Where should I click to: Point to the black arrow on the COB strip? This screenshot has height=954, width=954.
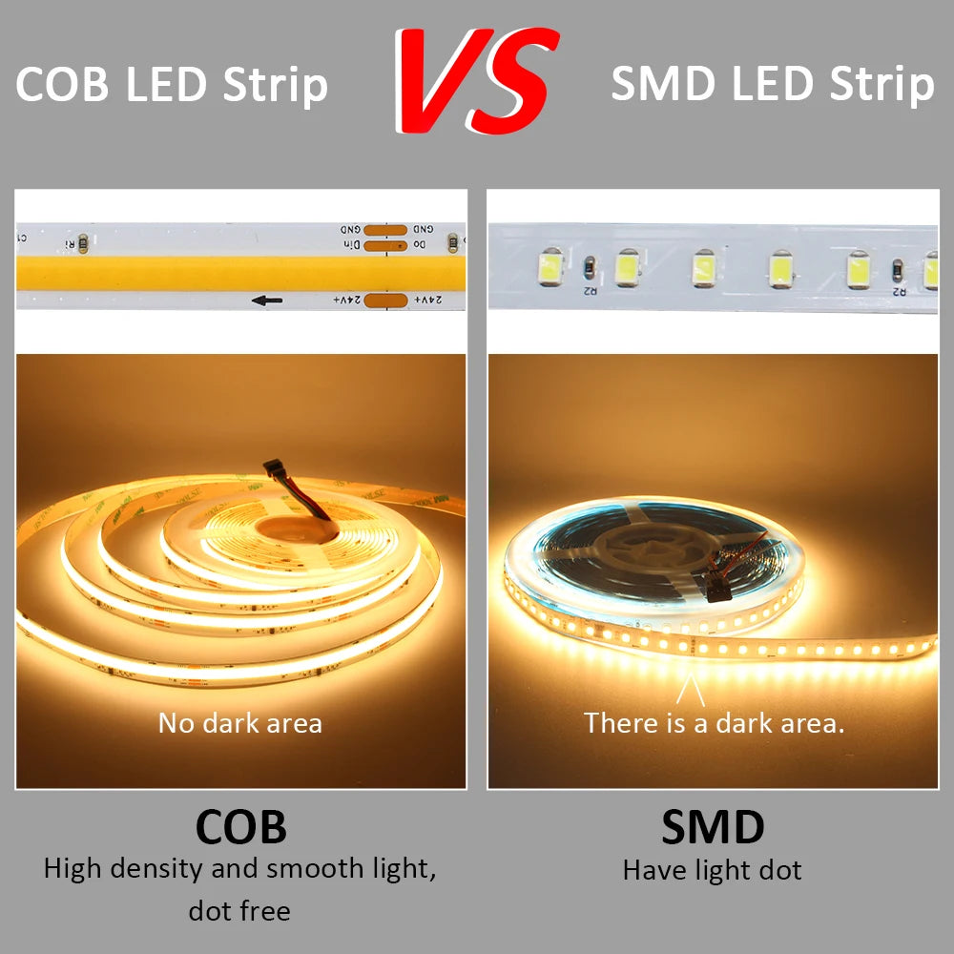click(x=267, y=301)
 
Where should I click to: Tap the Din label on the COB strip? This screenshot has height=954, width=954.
click(x=351, y=246)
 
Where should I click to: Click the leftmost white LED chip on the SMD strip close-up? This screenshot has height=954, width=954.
click(x=550, y=268)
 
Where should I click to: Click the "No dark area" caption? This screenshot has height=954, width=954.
click(x=240, y=723)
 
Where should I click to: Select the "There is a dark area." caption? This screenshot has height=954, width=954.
click(x=715, y=723)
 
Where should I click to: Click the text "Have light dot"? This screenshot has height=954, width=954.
click(x=713, y=870)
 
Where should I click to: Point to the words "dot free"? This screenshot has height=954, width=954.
click(x=239, y=911)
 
